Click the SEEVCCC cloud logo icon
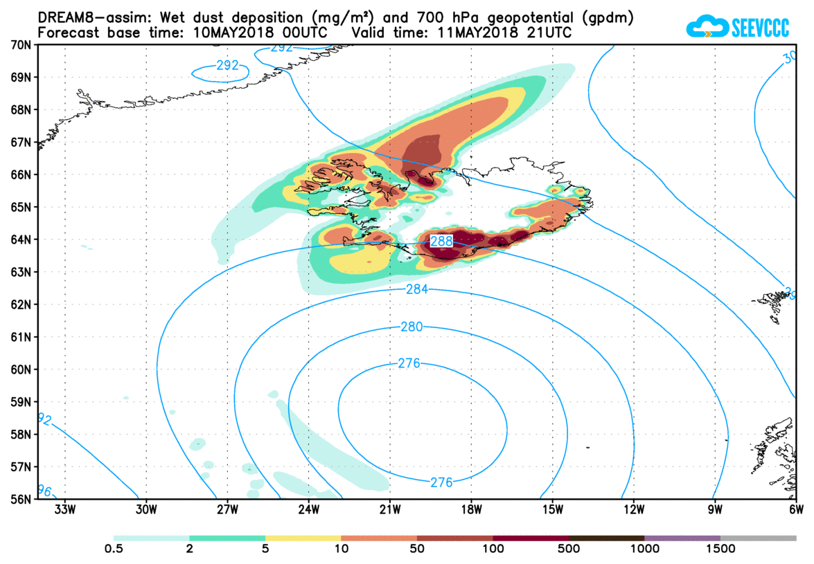[707, 27]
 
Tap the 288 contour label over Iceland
[442, 242]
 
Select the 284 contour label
[417, 289]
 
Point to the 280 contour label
[412, 327]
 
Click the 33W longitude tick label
[64, 511]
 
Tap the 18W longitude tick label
[471, 511]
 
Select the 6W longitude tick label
[796, 511]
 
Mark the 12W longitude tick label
[634, 511]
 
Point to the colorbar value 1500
[720, 549]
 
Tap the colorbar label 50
[417, 549]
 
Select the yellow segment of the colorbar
[303, 538]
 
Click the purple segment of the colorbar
[682, 538]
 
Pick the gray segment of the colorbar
[758, 538]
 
